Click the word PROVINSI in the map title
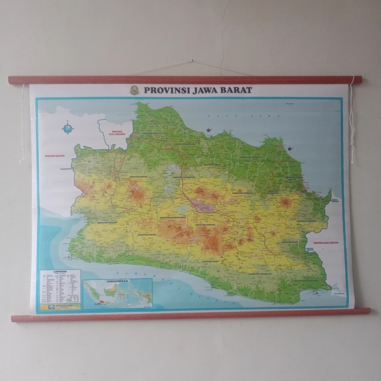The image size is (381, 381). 165,90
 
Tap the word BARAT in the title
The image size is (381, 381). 235,90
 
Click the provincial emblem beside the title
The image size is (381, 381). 134,90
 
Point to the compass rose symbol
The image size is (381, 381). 67,129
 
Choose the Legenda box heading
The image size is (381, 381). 60,271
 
